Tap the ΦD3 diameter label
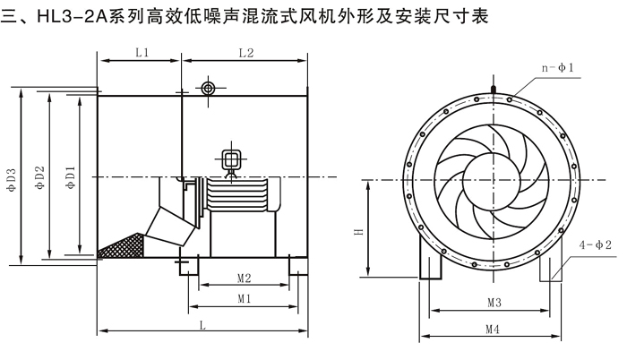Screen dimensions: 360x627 12,184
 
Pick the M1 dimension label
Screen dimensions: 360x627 243,297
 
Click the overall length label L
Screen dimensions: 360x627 202,327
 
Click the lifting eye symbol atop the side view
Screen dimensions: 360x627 209,88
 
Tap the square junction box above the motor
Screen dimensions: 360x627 231,159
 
